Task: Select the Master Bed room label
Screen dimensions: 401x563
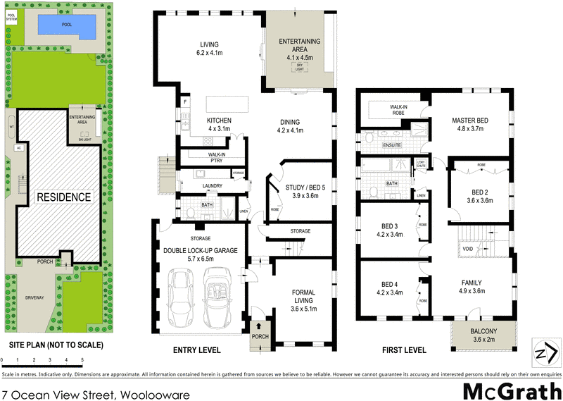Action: pyautogui.click(x=470, y=125)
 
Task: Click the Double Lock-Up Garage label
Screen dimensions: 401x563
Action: pyautogui.click(x=201, y=254)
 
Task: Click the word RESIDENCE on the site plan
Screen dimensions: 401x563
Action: pyautogui.click(x=64, y=197)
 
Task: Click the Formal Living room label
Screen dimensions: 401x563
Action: pyautogui.click(x=303, y=300)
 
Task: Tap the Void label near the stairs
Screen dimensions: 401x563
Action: pyautogui.click(x=468, y=249)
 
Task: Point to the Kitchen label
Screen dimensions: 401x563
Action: pyautogui.click(x=219, y=125)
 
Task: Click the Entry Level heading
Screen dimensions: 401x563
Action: pyautogui.click(x=197, y=350)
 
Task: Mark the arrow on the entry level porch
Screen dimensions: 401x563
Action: pyautogui.click(x=259, y=326)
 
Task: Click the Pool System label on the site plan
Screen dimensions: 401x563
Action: pyautogui.click(x=11, y=19)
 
